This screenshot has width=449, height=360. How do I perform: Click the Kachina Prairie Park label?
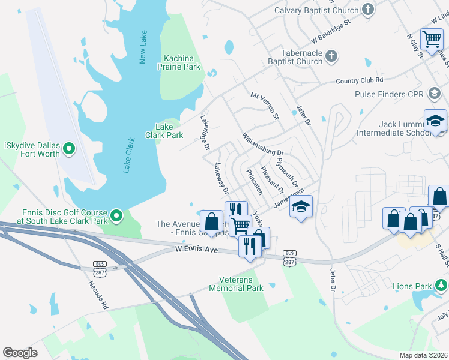(182, 62)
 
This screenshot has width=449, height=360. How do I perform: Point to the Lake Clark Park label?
(164, 131)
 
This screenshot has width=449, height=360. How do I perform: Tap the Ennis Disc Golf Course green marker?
(116, 214)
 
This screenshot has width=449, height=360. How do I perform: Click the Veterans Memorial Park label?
(236, 284)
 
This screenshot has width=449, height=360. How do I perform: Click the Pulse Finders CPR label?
(389, 94)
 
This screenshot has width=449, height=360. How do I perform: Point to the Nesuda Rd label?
(97, 295)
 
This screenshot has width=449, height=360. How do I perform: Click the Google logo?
(20, 353)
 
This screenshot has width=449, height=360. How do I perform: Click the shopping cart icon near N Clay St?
(432, 40)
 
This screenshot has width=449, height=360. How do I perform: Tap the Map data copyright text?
(424, 355)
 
